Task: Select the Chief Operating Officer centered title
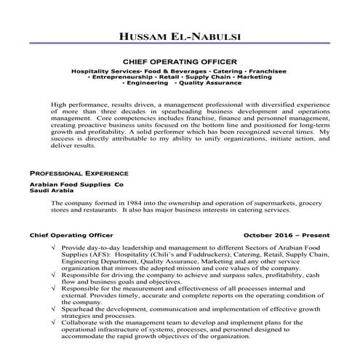(x=180, y=63)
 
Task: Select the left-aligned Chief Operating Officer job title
(x=71, y=236)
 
